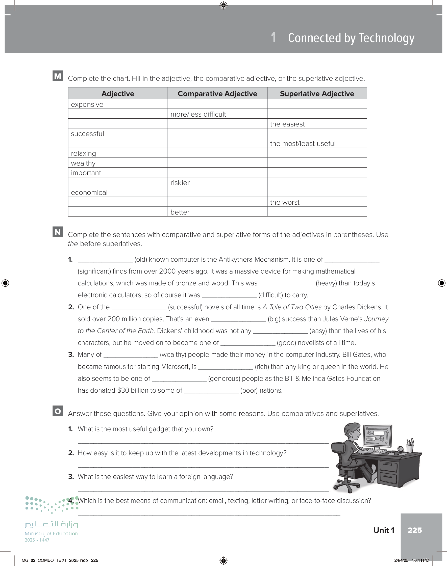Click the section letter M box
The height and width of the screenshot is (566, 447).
(x=58, y=76)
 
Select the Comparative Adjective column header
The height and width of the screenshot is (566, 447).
(x=217, y=94)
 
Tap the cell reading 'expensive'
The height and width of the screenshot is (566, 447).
(x=87, y=104)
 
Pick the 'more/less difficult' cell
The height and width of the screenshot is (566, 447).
(x=198, y=114)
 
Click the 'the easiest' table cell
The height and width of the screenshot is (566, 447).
(x=287, y=124)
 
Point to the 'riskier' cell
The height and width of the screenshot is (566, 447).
(x=180, y=182)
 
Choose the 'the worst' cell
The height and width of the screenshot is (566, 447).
(x=285, y=202)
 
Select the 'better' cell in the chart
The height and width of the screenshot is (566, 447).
(x=180, y=212)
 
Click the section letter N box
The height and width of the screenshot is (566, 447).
(x=58, y=232)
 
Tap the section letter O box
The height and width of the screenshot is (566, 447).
(x=58, y=411)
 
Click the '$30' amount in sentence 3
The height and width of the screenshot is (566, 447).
(x=123, y=390)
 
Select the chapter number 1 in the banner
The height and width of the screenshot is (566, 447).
(x=274, y=37)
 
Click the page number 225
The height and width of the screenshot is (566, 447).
(x=415, y=530)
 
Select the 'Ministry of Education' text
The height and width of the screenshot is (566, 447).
(x=51, y=533)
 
